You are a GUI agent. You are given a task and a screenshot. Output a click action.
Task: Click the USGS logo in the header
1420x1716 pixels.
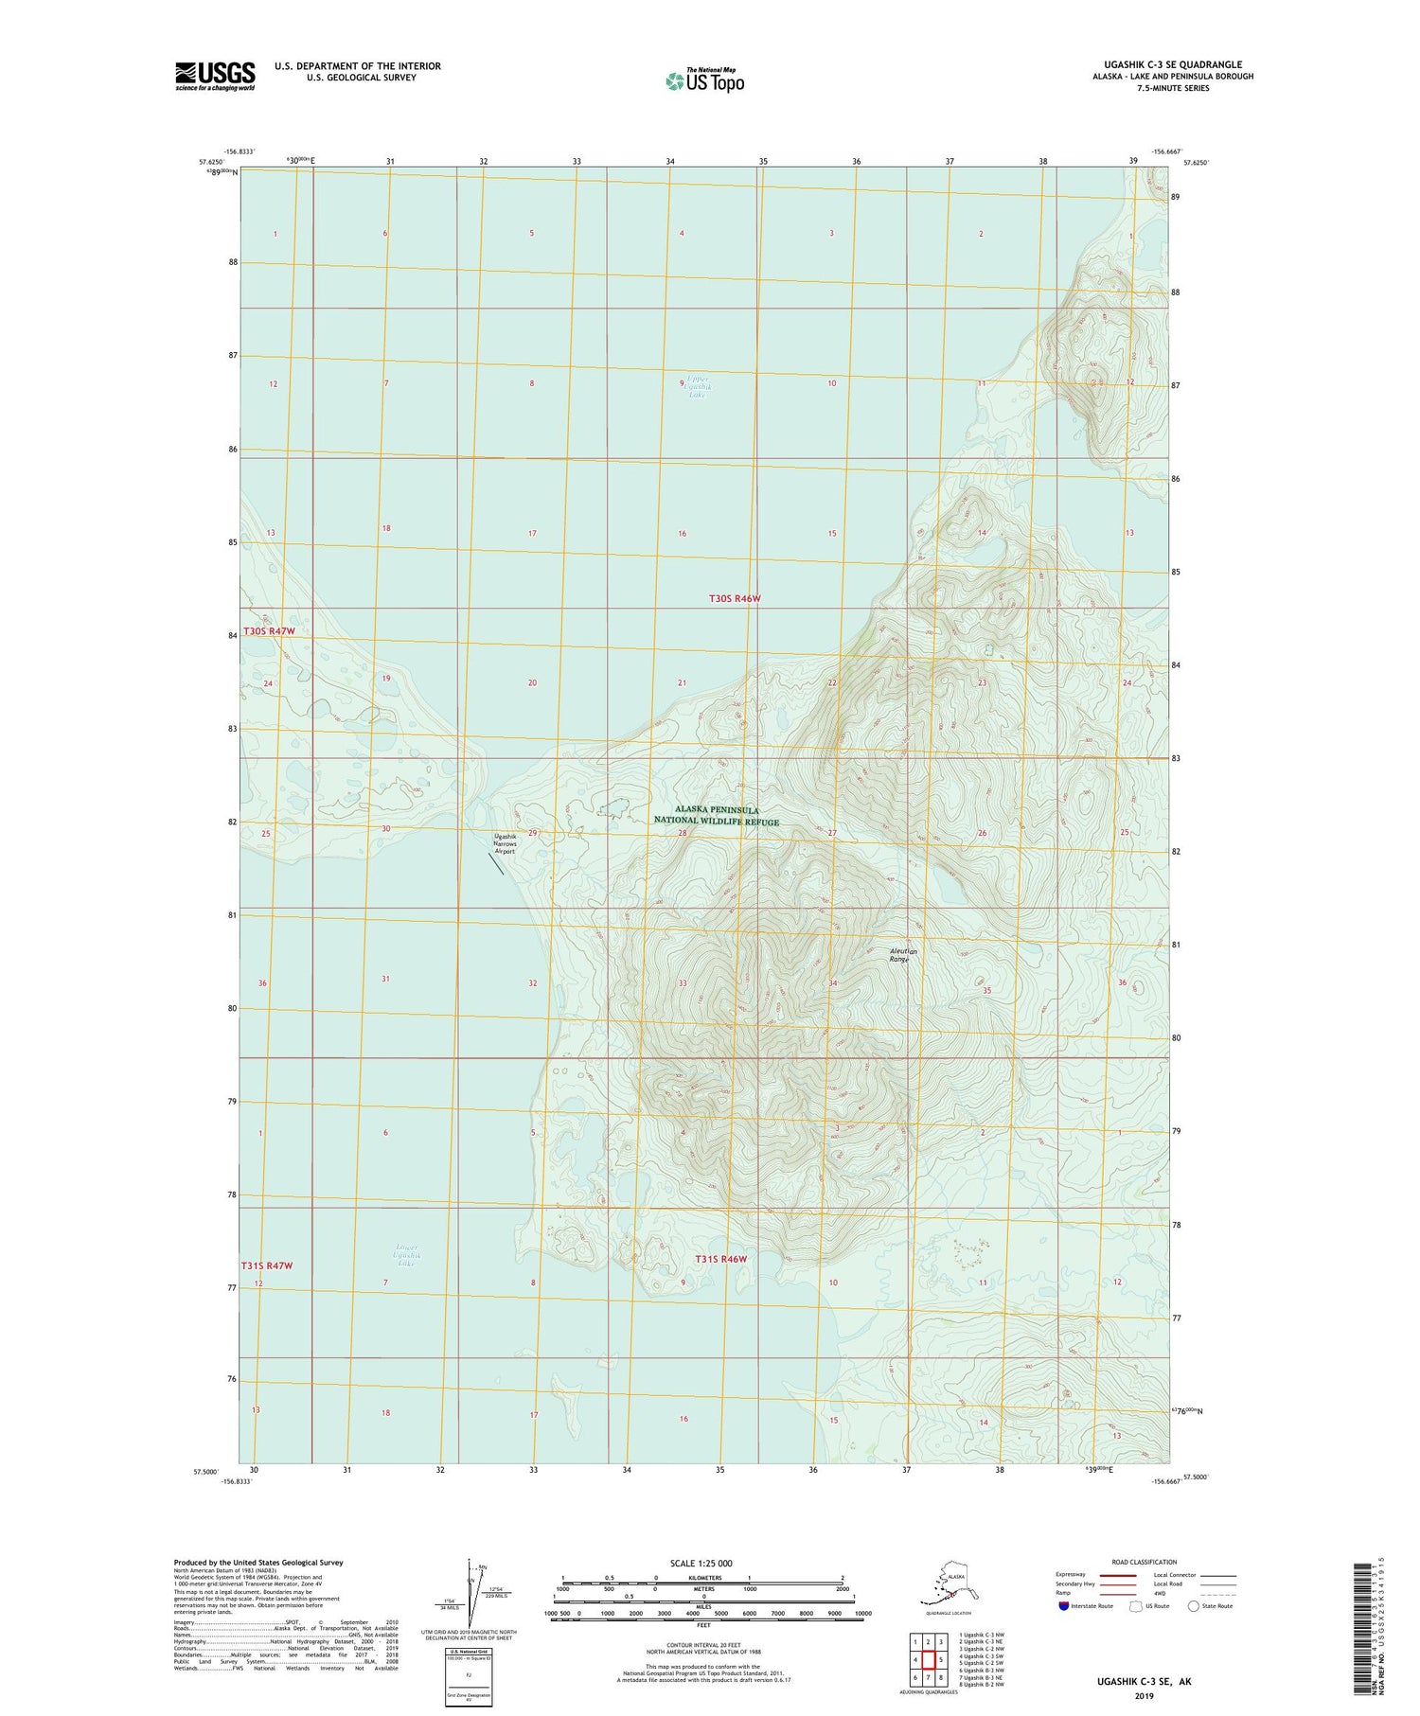coord(215,76)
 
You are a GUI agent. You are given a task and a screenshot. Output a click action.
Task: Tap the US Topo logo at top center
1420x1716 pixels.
coord(705,80)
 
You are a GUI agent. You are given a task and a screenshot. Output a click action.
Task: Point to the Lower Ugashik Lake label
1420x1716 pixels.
coord(407,1255)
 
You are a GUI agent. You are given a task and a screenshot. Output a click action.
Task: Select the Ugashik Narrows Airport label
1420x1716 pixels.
coord(506,843)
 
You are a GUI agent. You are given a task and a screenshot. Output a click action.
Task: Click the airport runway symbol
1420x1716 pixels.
coord(496,863)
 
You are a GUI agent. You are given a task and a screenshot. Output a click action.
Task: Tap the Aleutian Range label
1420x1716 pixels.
coord(899,955)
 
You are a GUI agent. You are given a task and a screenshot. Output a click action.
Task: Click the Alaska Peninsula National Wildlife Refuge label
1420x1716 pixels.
coord(717,816)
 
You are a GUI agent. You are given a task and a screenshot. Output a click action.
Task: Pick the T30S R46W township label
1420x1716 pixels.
coord(736,598)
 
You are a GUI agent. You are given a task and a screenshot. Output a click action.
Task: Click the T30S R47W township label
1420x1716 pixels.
coord(270,631)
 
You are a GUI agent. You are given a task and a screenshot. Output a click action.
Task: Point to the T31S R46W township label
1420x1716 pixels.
coord(721,1259)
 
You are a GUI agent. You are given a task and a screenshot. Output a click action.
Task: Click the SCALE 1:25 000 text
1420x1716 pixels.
coord(701,1563)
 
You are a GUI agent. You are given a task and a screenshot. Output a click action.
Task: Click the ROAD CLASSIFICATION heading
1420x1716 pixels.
coord(1145,1562)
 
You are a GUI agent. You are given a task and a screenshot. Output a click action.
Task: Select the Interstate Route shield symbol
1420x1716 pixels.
coord(1065,1606)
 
